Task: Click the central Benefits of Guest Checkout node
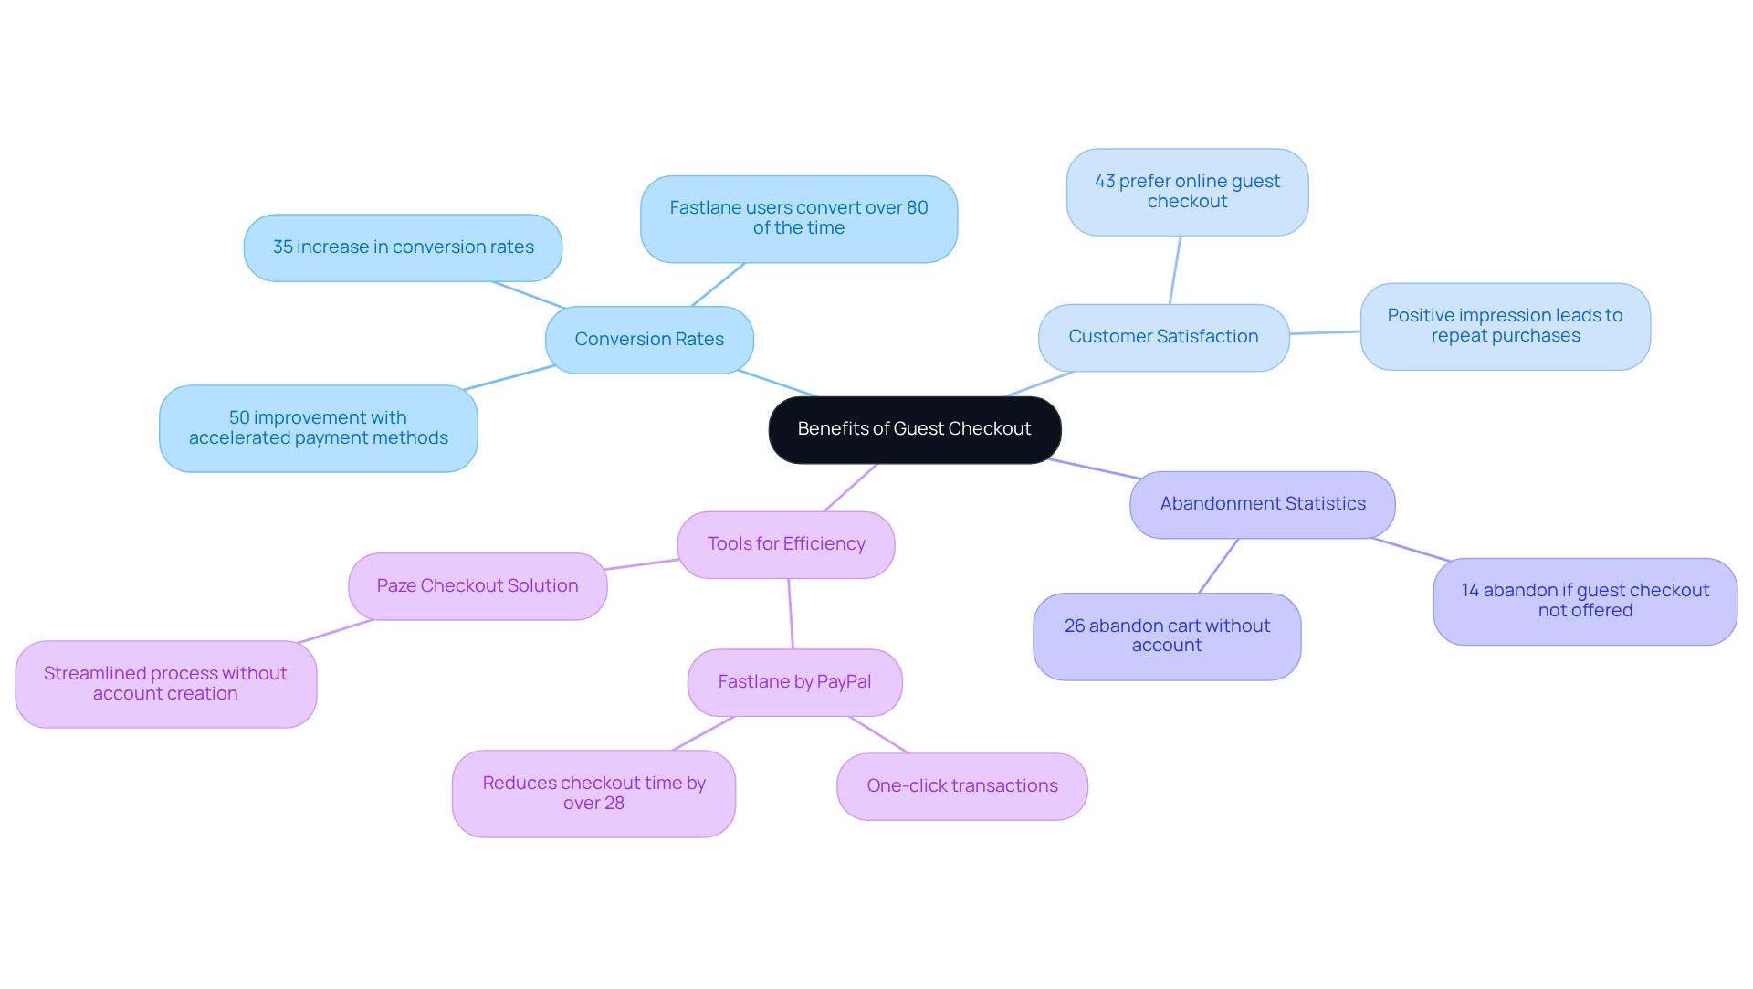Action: click(914, 429)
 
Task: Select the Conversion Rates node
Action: click(649, 340)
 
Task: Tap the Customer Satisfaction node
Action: click(1163, 337)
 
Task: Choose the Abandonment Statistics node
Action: click(1262, 504)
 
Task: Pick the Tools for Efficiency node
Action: click(785, 544)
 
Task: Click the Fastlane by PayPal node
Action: click(794, 682)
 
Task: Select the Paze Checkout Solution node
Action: click(477, 586)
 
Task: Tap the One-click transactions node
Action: click(961, 786)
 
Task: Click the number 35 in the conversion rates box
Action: click(282, 247)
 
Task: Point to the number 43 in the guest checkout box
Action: click(1105, 182)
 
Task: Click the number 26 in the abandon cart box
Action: click(1075, 626)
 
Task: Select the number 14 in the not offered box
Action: click(1470, 591)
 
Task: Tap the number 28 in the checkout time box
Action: click(614, 804)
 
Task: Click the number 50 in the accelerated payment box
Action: click(239, 418)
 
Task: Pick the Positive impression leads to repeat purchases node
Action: click(1505, 326)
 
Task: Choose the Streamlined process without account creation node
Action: click(165, 684)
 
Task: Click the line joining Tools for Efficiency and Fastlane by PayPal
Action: click(791, 614)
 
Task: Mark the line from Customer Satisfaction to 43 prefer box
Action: click(1175, 270)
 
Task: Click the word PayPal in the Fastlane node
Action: click(844, 682)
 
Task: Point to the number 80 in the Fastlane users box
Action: click(917, 208)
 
